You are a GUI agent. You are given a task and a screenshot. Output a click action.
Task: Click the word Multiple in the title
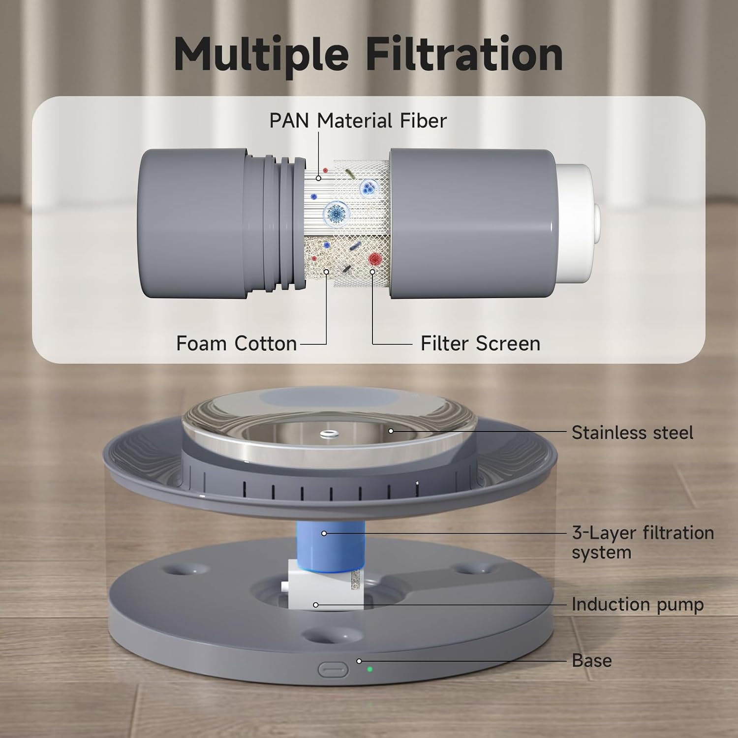tap(261, 55)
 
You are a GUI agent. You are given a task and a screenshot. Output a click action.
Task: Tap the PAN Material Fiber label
tap(358, 121)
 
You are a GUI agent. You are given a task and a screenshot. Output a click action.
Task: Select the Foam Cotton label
tap(237, 343)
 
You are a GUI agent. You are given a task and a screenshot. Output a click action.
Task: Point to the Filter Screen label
tap(480, 343)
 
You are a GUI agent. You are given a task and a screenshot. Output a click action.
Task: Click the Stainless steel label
tap(632, 433)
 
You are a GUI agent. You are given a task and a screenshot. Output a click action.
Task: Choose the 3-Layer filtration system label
tap(643, 542)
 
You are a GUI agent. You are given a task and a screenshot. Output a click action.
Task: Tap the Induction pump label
tap(638, 604)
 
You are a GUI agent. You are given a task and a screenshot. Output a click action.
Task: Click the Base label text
tap(592, 660)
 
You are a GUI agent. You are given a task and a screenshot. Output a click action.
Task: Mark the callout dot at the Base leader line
tap(359, 661)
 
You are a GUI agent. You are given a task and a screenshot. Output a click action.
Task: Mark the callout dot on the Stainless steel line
tap(391, 431)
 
